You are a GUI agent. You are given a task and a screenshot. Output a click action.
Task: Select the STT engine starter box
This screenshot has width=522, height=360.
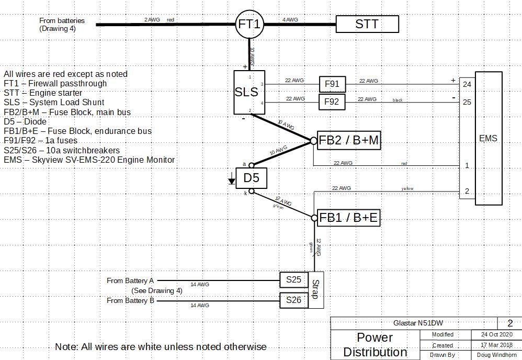367,24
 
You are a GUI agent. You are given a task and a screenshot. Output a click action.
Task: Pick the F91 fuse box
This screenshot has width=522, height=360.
332,84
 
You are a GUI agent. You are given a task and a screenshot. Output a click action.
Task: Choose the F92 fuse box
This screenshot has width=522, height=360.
332,102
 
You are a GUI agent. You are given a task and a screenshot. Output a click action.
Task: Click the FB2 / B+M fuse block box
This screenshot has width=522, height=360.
348,140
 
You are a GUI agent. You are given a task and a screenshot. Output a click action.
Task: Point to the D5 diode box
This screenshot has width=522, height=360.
251,178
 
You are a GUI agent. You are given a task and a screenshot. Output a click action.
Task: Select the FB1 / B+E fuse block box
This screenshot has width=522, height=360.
348,218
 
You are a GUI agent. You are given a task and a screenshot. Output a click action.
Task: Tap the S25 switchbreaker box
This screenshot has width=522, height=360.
293,280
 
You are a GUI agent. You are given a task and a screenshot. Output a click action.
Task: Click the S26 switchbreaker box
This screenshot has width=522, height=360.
293,300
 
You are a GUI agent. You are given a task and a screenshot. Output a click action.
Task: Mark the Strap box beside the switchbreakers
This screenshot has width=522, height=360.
316,290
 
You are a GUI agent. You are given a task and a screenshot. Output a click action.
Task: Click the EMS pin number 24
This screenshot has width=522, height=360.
467,84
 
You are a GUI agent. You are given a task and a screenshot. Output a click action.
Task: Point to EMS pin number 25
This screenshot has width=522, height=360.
467,102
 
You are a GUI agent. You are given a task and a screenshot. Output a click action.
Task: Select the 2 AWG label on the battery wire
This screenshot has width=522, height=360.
153,20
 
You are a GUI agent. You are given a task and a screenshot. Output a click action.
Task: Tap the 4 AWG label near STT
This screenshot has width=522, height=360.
290,20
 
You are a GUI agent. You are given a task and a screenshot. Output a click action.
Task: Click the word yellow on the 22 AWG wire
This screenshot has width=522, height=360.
407,188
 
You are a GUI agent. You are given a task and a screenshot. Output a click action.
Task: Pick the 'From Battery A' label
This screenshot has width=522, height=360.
130,281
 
